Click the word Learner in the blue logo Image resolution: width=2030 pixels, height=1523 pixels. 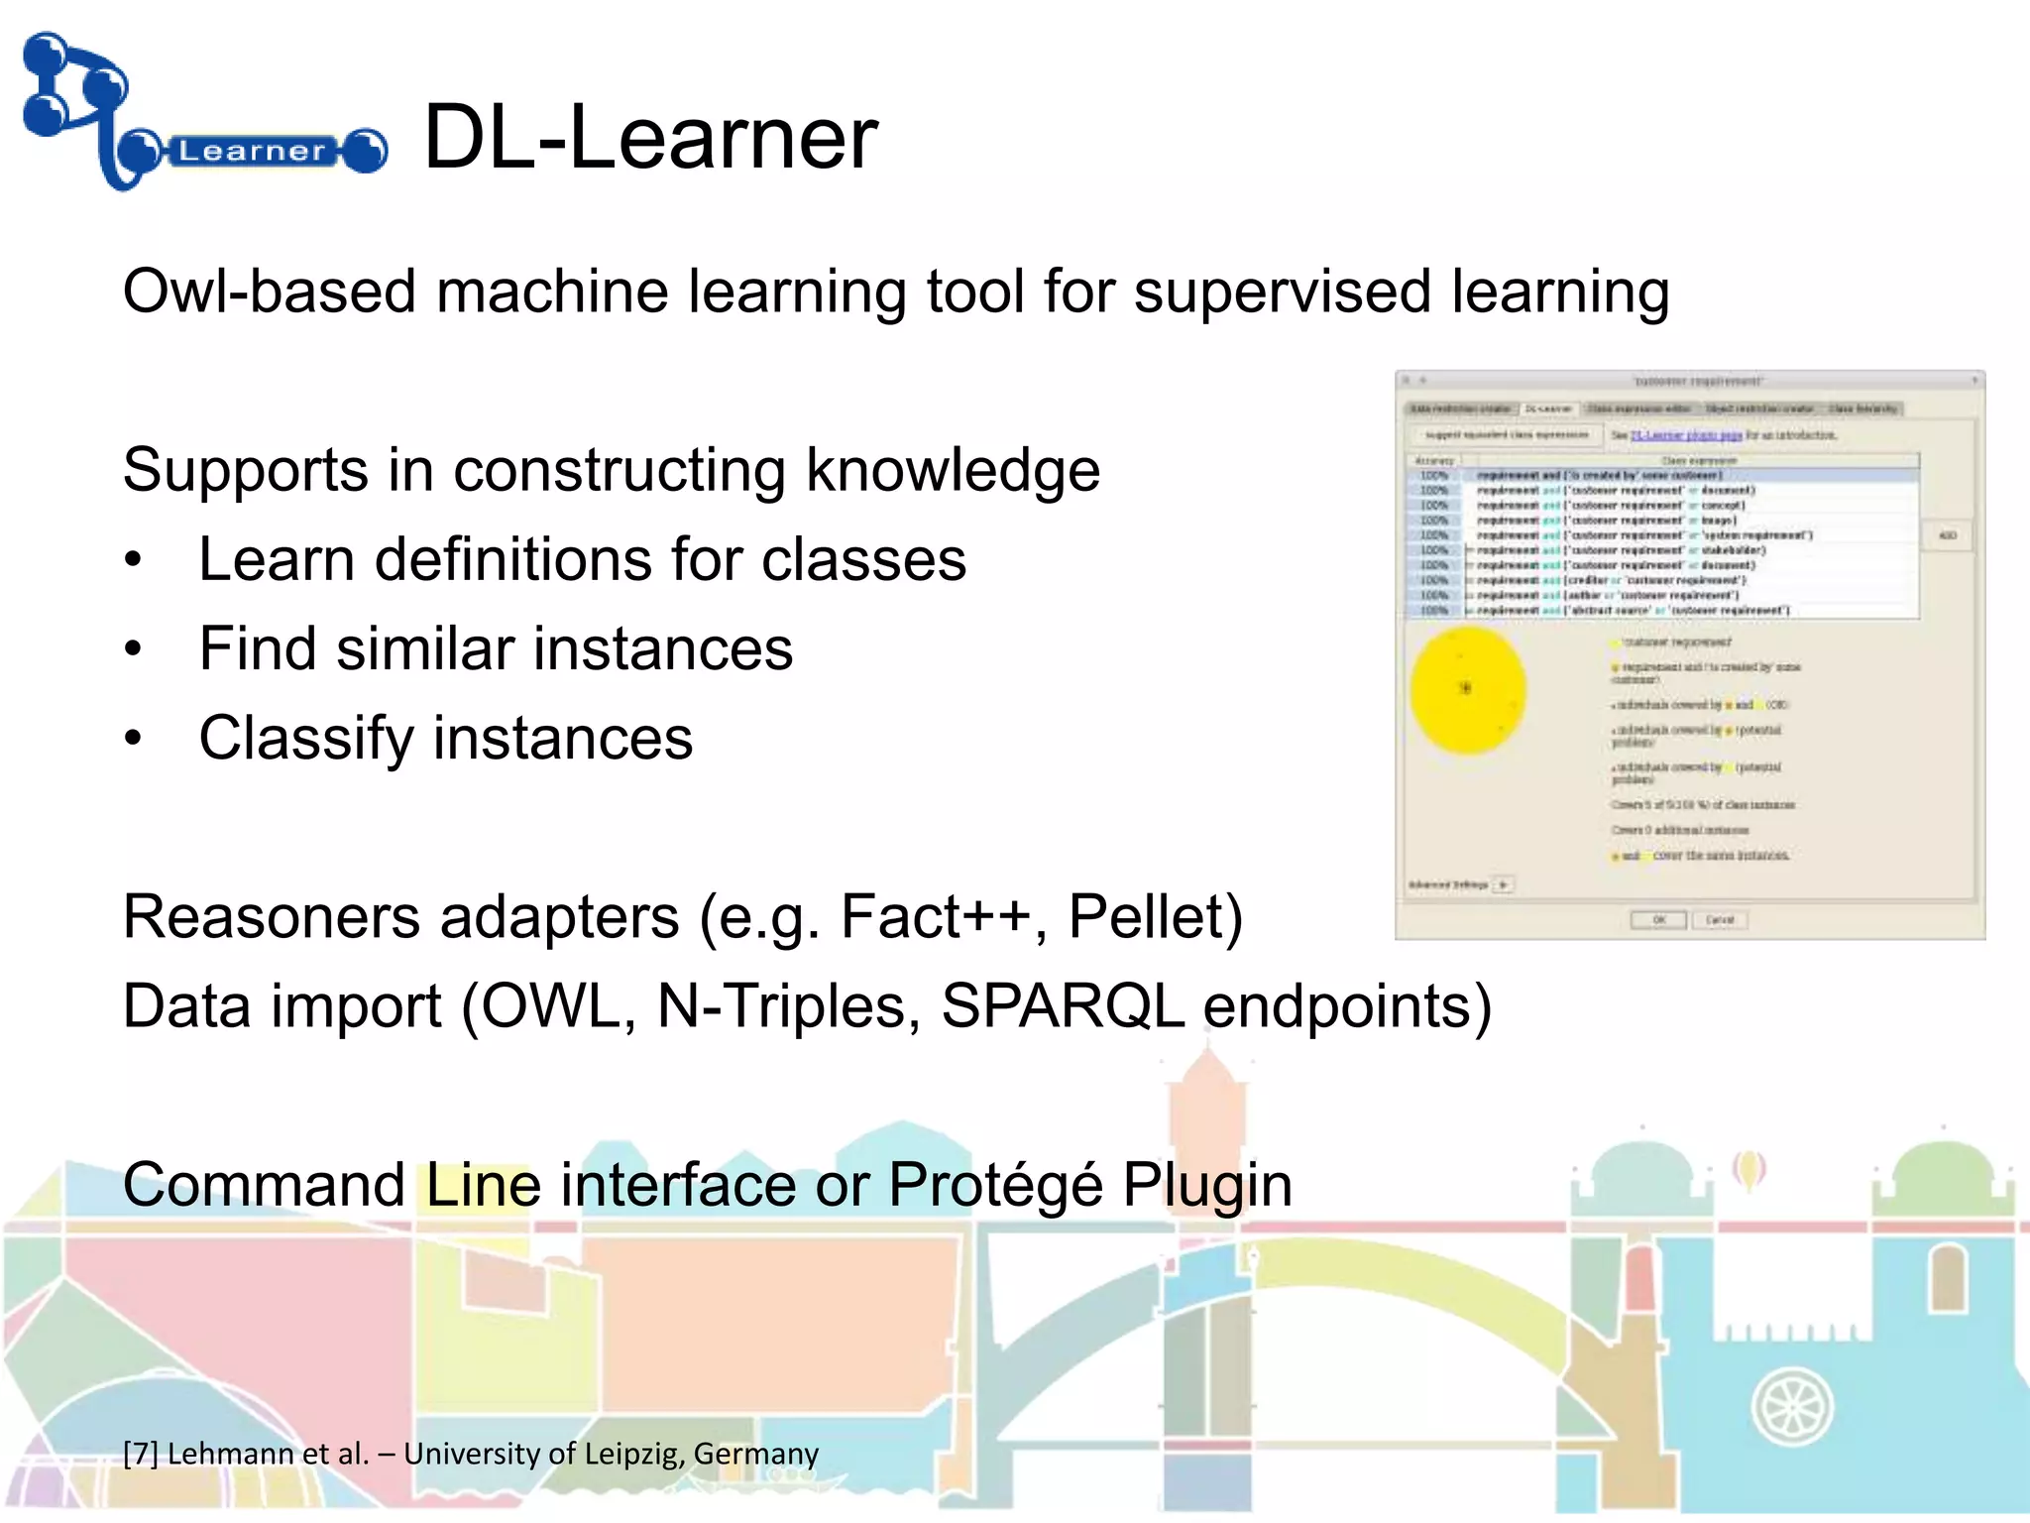click(x=252, y=152)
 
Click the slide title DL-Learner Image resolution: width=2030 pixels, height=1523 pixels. click(x=650, y=138)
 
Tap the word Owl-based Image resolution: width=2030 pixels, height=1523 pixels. click(x=269, y=293)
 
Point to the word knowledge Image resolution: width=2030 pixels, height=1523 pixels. click(x=953, y=470)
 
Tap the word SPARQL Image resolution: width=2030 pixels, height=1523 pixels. click(x=1063, y=1006)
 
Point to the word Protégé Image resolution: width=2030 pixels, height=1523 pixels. click(x=994, y=1185)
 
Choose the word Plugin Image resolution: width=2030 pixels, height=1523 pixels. click(x=1207, y=1185)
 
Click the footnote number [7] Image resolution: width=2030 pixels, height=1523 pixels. click(x=140, y=1455)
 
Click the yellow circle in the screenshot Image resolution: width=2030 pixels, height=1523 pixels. click(x=1467, y=689)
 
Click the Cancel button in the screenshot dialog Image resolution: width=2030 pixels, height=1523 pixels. click(x=1720, y=920)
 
